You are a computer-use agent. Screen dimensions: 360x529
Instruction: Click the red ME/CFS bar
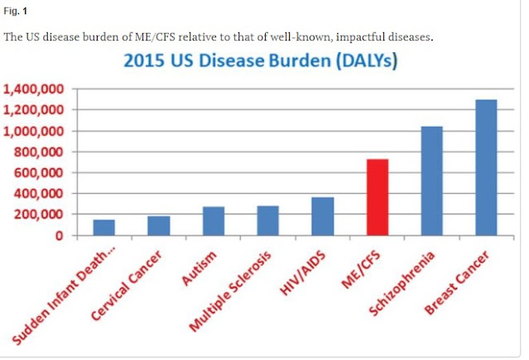pyautogui.click(x=378, y=197)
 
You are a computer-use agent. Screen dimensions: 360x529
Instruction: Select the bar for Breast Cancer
pyautogui.click(x=488, y=167)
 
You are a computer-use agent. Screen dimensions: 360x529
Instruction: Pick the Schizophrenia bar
pyautogui.click(x=432, y=180)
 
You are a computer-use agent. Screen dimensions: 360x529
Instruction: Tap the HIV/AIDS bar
pyautogui.click(x=322, y=216)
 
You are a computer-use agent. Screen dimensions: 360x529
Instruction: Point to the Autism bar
pyautogui.click(x=214, y=221)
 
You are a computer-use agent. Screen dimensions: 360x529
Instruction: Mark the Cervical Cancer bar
pyautogui.click(x=159, y=226)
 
